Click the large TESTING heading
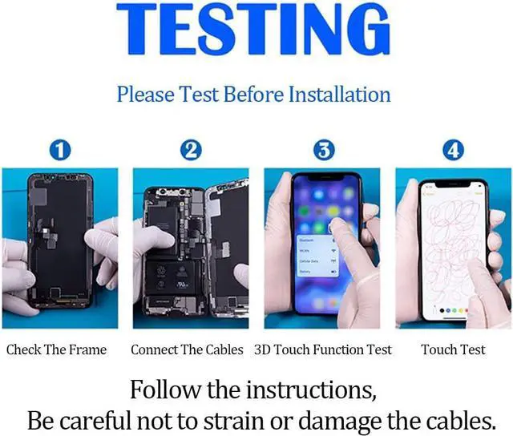point(253,30)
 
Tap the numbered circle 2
point(190,149)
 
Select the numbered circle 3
point(323,149)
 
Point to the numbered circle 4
point(453,149)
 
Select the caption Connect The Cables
point(187,349)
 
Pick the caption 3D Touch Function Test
point(323,349)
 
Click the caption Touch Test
point(453,349)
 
